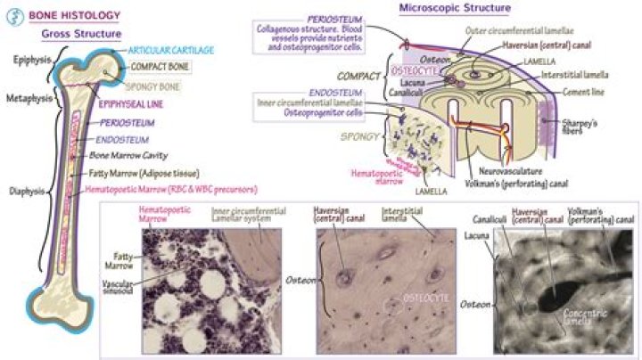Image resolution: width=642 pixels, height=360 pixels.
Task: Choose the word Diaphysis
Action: click(x=27, y=189)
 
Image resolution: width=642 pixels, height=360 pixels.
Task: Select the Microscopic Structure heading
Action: click(x=465, y=8)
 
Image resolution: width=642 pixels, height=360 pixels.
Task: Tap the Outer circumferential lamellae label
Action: click(x=518, y=30)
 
